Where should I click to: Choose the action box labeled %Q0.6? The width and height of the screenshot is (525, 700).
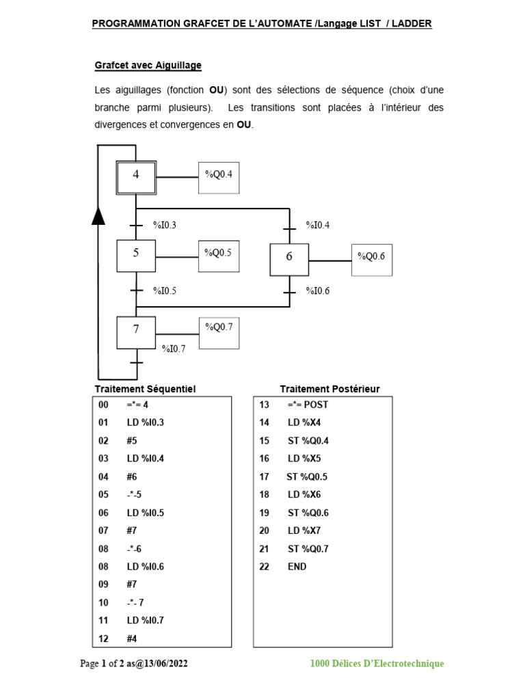pos(372,260)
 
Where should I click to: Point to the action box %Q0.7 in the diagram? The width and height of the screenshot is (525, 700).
pos(219,332)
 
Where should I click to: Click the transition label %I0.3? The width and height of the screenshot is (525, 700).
pos(165,225)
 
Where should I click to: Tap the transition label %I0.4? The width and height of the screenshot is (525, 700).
pos(317,225)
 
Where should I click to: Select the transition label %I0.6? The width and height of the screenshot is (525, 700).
pos(317,291)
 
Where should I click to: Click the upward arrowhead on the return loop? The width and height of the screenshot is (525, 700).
pos(98,216)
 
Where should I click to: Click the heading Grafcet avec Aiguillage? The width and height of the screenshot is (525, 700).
pos(148,66)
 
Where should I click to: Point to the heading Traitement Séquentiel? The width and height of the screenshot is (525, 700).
pos(145,389)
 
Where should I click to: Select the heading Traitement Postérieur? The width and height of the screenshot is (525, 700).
pos(329,389)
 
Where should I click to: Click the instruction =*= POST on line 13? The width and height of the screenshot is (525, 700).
pos(308,405)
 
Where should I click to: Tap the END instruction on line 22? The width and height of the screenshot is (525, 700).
pos(297,567)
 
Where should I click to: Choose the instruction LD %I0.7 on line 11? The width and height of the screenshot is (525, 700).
pos(146,621)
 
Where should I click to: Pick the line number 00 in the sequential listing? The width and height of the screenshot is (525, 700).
pos(104,405)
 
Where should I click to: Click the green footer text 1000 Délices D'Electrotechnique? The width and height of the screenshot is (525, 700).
pos(377,664)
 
